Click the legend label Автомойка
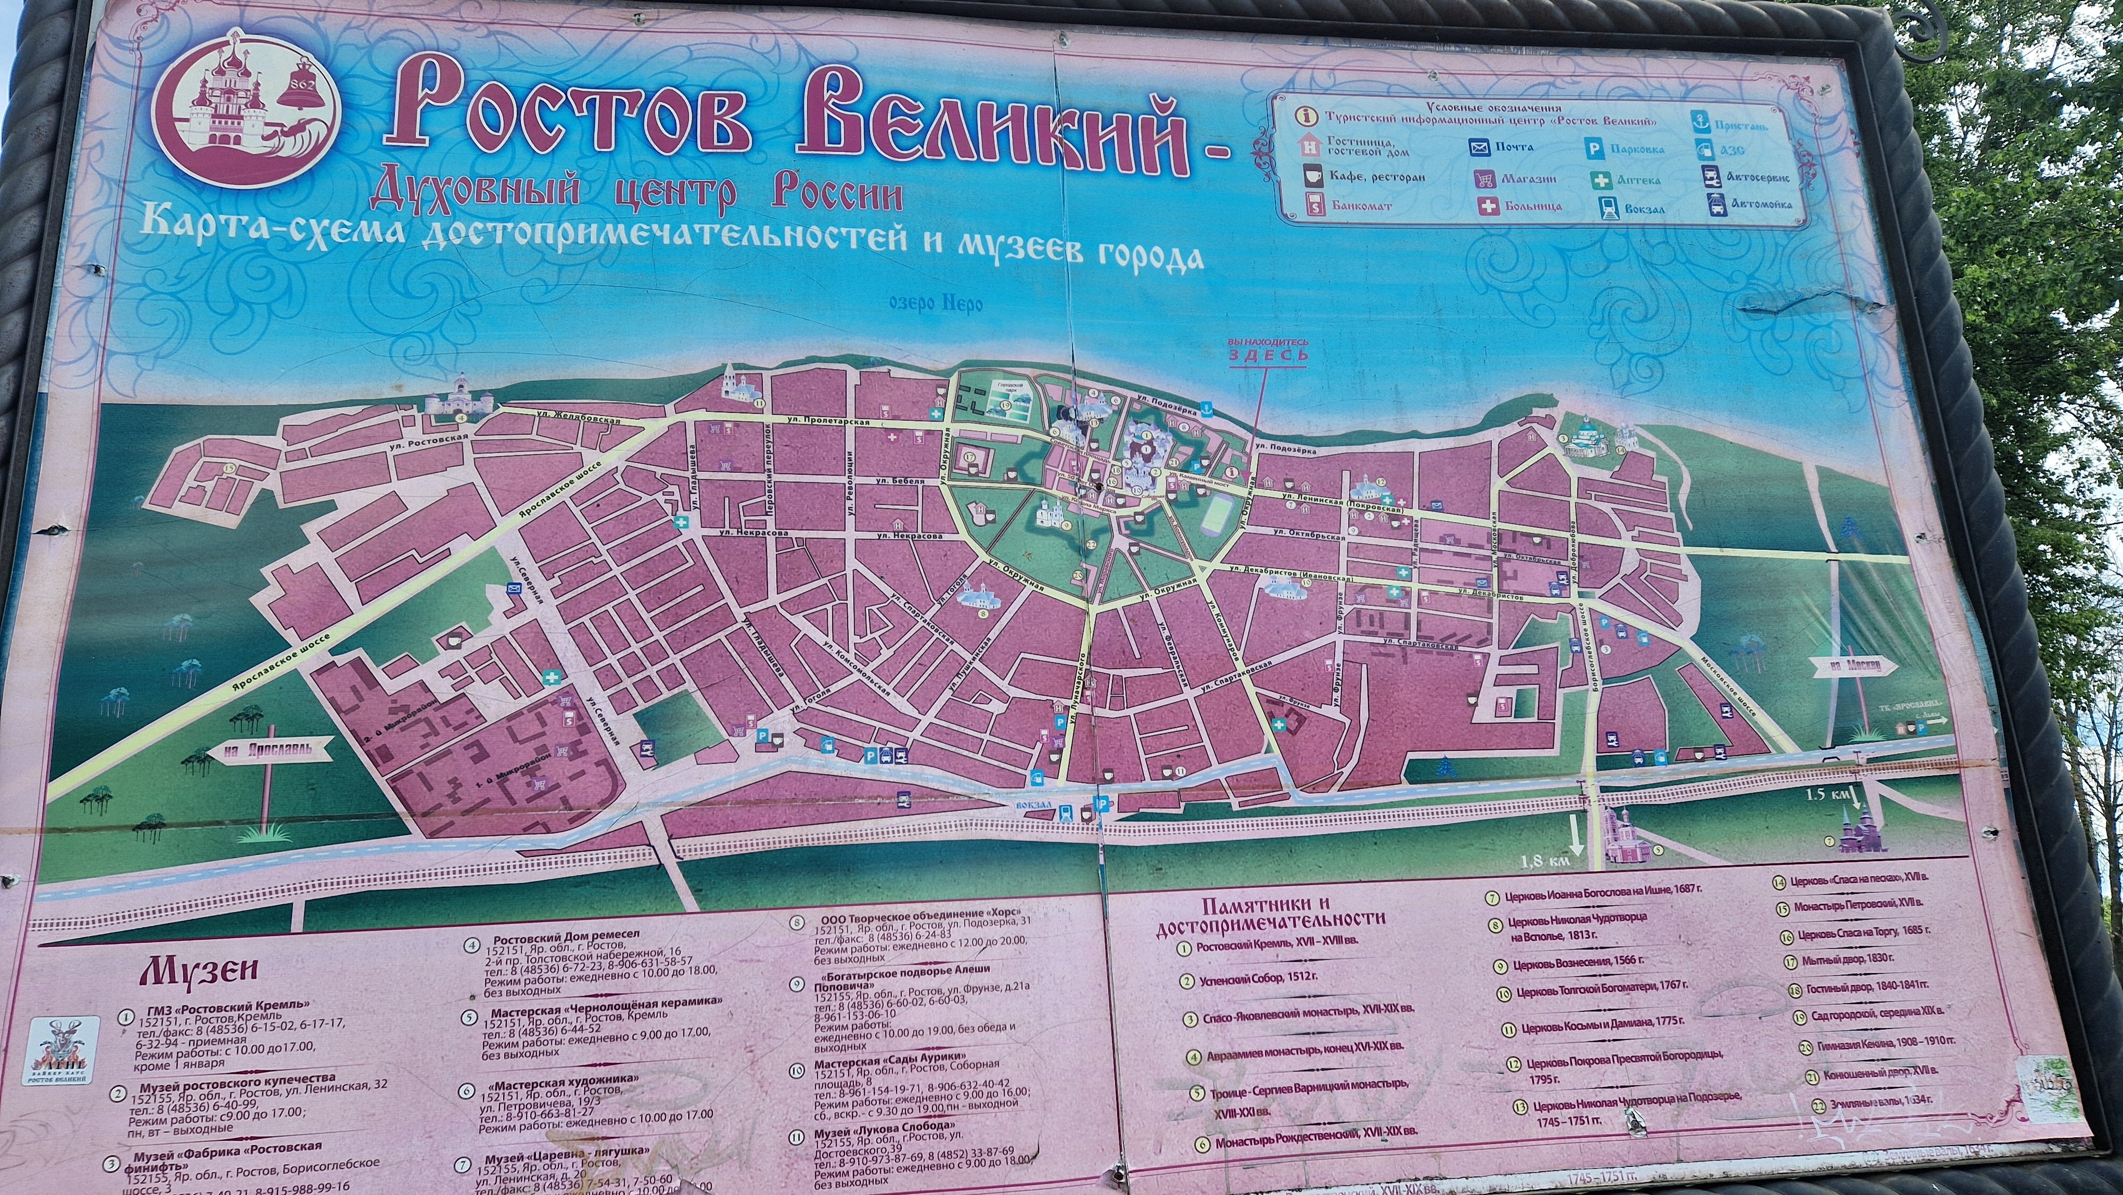pyautogui.click(x=1753, y=204)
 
